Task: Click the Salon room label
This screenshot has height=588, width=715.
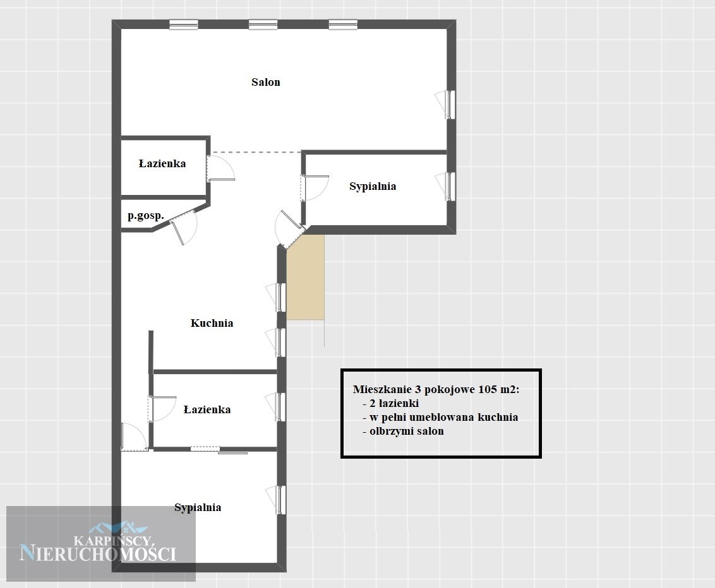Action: coord(266,82)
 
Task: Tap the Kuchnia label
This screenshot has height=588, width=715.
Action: coord(212,323)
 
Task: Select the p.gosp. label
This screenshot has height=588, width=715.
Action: coord(145,216)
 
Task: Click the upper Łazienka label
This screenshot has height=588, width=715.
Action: coord(162,163)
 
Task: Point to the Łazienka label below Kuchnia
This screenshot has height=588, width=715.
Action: coord(207,409)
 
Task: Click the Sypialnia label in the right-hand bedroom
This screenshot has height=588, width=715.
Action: coord(373,186)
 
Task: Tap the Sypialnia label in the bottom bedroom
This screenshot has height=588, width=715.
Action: coord(198,507)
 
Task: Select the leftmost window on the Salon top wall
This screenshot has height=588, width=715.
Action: coord(184,25)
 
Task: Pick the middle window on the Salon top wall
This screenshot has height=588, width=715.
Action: coord(263,25)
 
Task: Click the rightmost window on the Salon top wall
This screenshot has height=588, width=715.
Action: coord(343,25)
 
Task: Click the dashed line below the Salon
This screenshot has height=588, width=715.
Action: coord(256,152)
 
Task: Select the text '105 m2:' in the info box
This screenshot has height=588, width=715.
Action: coord(498,389)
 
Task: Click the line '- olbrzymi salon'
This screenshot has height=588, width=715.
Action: coord(403,432)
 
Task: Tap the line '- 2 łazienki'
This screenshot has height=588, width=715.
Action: coord(391,404)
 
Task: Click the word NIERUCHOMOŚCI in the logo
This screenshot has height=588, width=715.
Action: coord(98,554)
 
